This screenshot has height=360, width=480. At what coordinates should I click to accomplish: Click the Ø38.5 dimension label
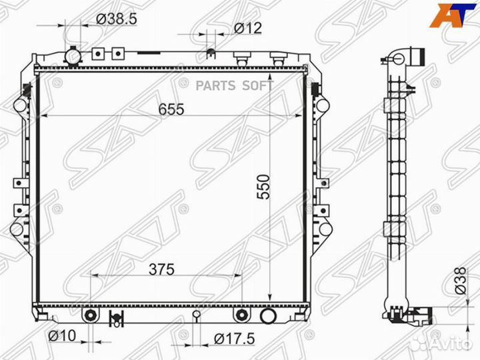pyautogui.click(x=116, y=19)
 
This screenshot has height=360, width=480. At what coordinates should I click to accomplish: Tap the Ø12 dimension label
pyautogui.click(x=248, y=28)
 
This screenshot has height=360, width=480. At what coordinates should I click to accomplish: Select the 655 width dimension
pyautogui.click(x=171, y=109)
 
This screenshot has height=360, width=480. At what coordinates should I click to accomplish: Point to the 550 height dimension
pyautogui.click(x=263, y=187)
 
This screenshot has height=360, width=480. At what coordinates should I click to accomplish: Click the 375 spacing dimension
pyautogui.click(x=161, y=269)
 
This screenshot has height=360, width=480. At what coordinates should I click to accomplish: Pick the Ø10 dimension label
pyautogui.click(x=62, y=336)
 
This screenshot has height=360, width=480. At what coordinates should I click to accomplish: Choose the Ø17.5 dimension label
pyautogui.click(x=234, y=339)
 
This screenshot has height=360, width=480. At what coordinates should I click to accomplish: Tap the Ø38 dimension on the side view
pyautogui.click(x=460, y=281)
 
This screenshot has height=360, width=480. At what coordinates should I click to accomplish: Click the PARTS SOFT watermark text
pyautogui.click(x=234, y=86)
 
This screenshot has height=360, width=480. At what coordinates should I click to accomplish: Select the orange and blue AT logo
pyautogui.click(x=453, y=15)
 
